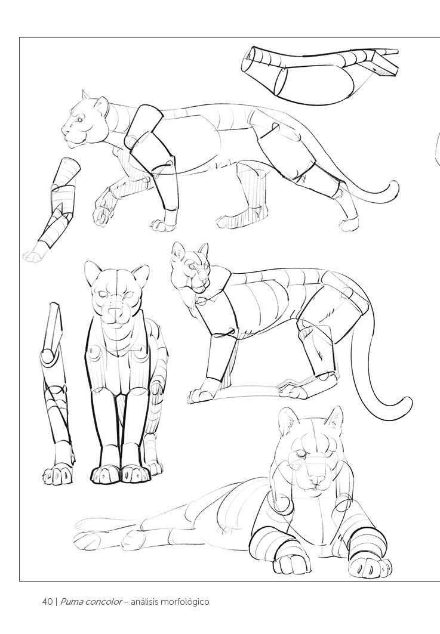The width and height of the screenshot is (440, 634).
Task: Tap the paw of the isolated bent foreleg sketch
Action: point(32,255)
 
